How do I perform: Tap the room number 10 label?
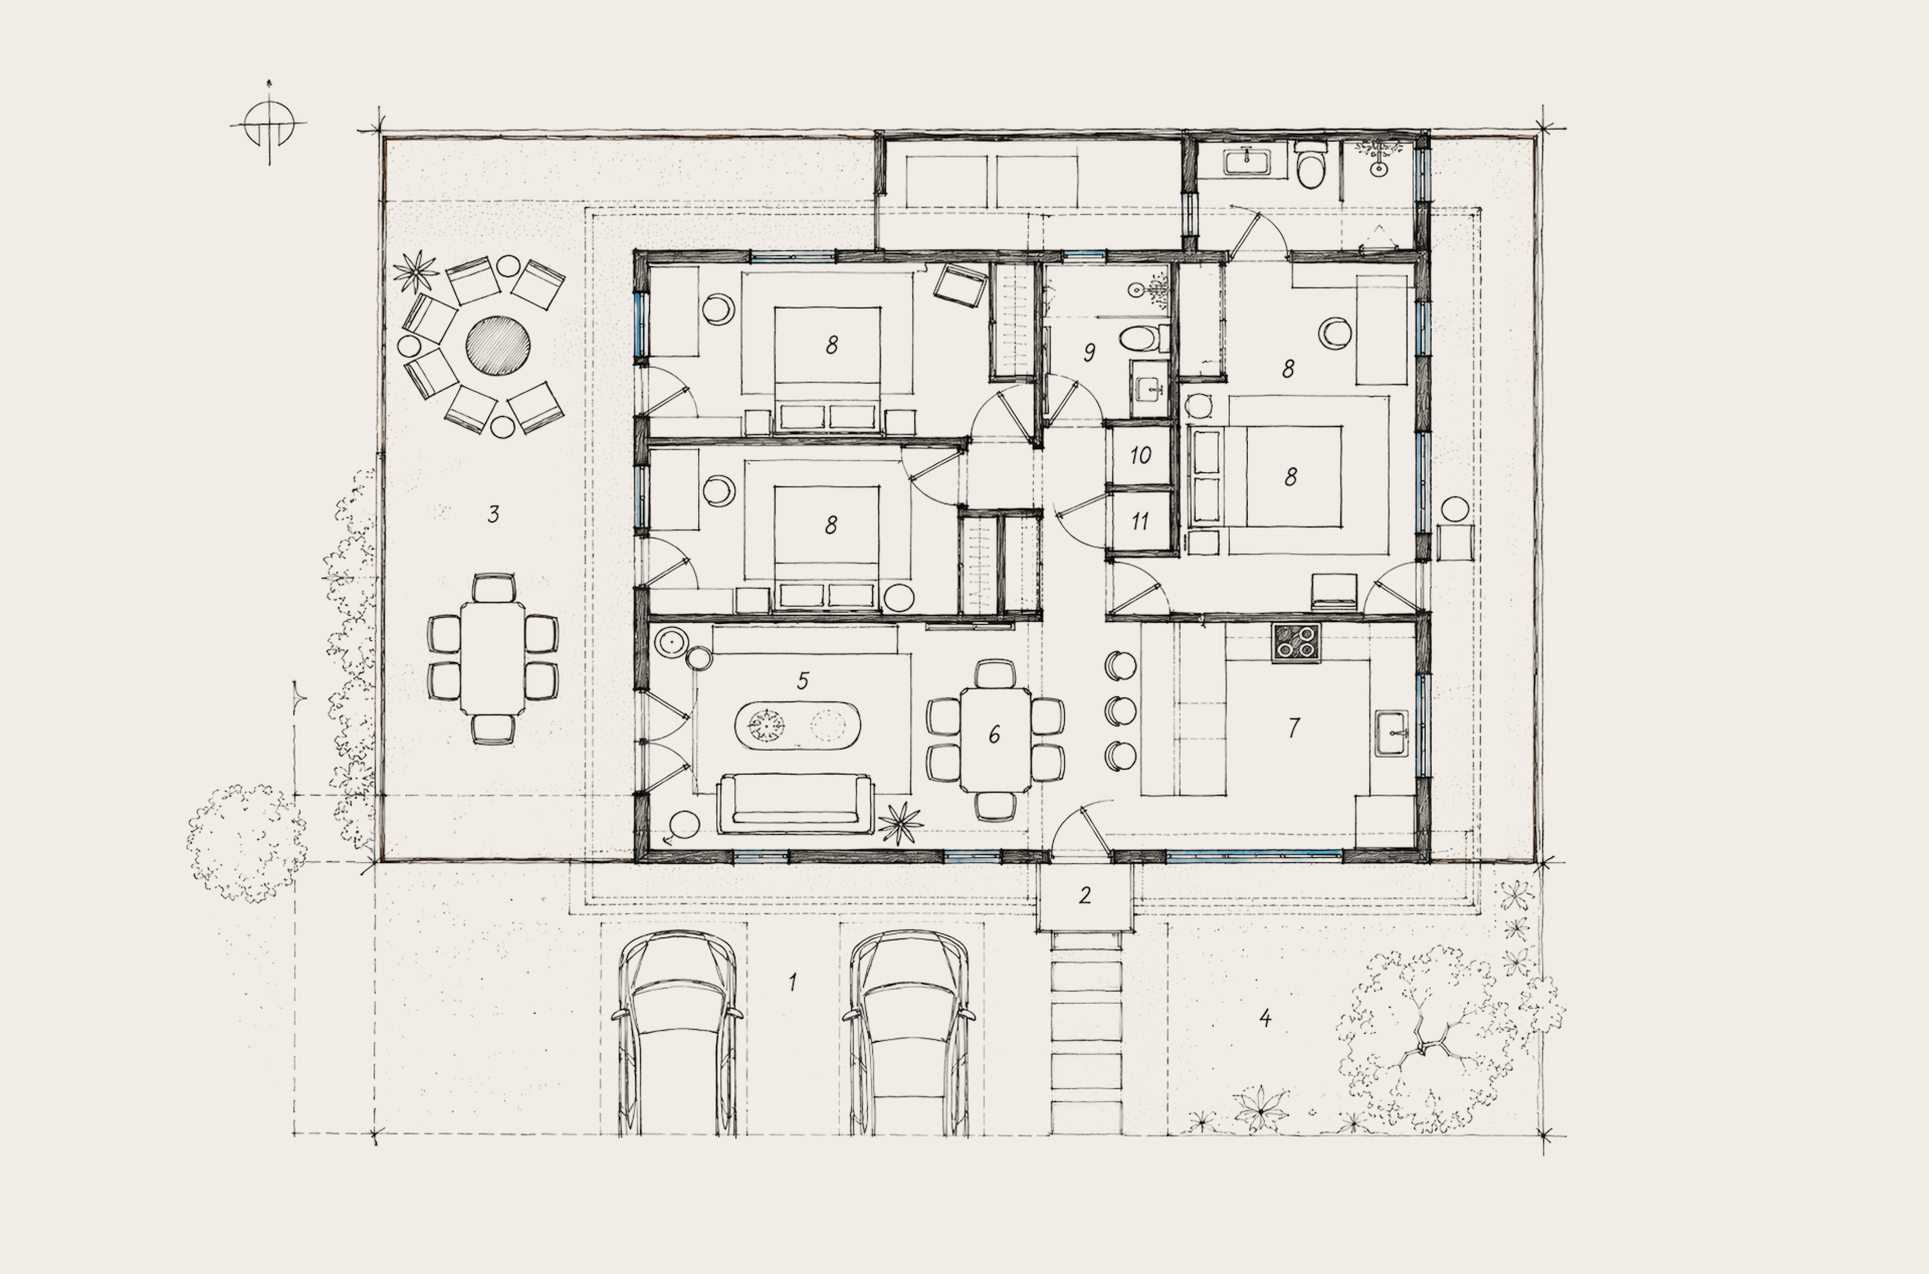[1140, 456]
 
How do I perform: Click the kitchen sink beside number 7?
[1392, 733]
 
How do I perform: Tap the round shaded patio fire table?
[498, 345]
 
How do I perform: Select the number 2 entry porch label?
[1085, 895]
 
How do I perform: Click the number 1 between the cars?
[793, 982]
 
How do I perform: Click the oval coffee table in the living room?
[797, 725]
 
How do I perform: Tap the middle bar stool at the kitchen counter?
[1120, 711]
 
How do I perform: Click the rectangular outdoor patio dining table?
[492, 658]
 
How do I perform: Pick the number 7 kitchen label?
[1294, 728]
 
